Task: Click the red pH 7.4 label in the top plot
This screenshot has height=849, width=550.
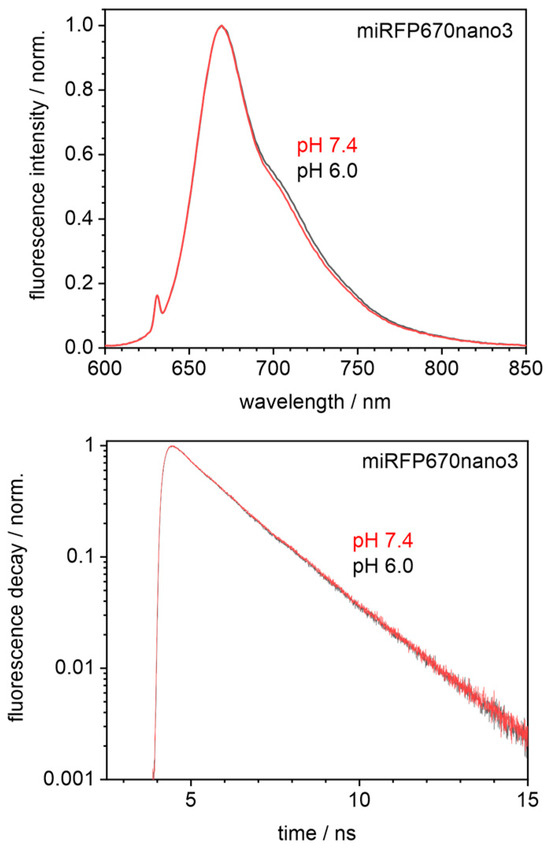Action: coord(327,148)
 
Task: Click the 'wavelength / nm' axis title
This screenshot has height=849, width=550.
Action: coord(317,402)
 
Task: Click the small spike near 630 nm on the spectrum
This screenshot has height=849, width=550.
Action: coord(157,297)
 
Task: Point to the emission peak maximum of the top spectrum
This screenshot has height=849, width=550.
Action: coord(221,27)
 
